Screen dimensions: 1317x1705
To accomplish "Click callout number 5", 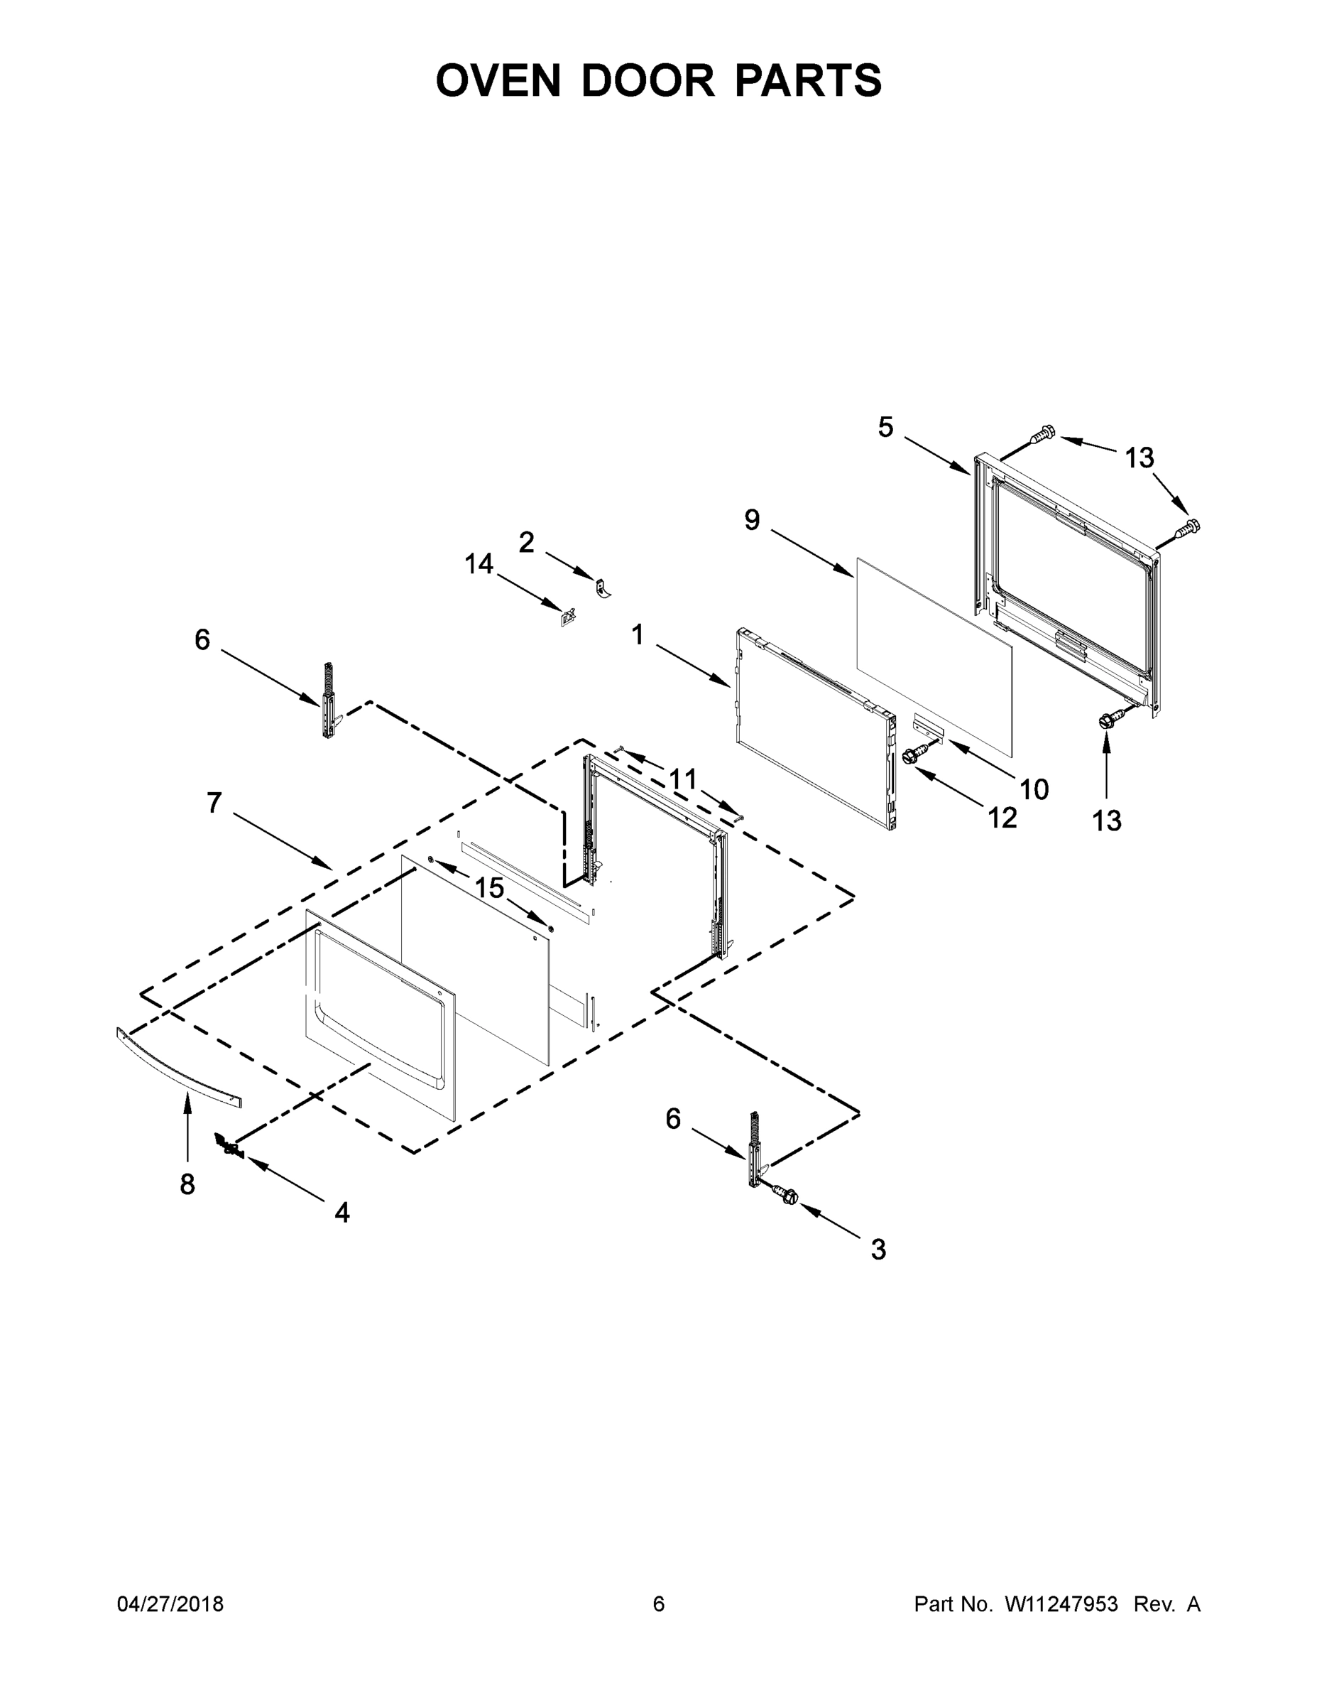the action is pyautogui.click(x=885, y=427).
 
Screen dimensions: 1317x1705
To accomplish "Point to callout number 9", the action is pyautogui.click(x=751, y=519).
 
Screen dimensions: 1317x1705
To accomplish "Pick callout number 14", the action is pyautogui.click(x=479, y=563).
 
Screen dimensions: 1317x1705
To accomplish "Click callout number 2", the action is pyautogui.click(x=527, y=542).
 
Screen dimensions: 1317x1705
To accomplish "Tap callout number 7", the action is pyautogui.click(x=214, y=803).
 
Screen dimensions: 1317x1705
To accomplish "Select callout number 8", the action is pyautogui.click(x=187, y=1184).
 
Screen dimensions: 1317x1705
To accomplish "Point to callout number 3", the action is pyautogui.click(x=878, y=1249).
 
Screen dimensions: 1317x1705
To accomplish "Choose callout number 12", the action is pyautogui.click(x=1002, y=818).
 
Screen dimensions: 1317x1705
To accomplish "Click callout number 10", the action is pyautogui.click(x=1034, y=789).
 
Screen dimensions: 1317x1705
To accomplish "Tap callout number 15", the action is pyautogui.click(x=490, y=887).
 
